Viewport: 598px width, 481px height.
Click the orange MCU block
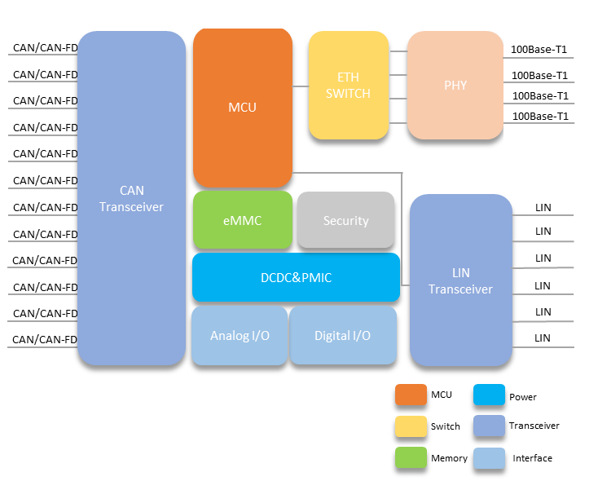pos(242,108)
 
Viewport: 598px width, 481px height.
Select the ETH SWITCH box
pos(348,85)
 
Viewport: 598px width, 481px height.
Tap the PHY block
pos(455,85)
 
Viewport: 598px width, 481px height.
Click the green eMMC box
pos(242,220)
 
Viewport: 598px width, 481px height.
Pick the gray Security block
pos(345,220)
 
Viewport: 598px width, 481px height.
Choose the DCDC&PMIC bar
pos(295,277)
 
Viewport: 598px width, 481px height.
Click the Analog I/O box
pos(240,335)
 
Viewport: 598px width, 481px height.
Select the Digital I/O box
pos(342,335)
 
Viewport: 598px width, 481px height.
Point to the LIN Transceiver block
pos(460,280)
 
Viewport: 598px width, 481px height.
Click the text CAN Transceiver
pos(131,199)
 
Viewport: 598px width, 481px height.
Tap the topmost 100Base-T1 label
pos(539,50)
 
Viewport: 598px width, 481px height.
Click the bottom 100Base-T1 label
pos(539,117)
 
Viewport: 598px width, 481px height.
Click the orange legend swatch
pos(411,395)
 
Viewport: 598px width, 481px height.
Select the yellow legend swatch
pos(411,426)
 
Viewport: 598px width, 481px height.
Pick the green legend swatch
pos(411,457)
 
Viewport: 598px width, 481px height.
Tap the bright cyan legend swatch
pos(489,395)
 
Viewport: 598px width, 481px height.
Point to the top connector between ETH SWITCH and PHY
pos(398,51)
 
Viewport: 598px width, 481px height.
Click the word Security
pos(345,221)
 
